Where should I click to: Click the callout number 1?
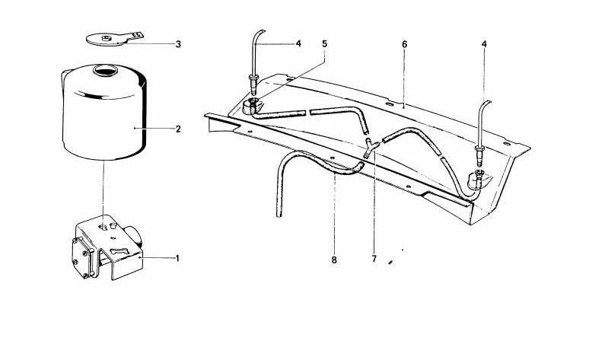click(177, 258)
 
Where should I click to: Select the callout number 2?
click(178, 129)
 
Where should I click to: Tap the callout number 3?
click(178, 44)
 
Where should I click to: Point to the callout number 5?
click(325, 44)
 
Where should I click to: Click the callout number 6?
click(404, 44)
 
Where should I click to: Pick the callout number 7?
click(374, 258)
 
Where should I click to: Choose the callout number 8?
click(334, 260)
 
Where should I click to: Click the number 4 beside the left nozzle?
click(298, 44)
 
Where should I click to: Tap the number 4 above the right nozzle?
click(484, 44)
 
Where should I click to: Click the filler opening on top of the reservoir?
click(105, 71)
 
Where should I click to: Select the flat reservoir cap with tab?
click(113, 39)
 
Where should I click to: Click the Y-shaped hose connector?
click(371, 148)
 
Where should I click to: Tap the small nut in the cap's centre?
click(106, 37)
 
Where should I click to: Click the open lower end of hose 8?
click(279, 215)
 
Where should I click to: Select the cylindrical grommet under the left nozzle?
click(252, 107)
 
